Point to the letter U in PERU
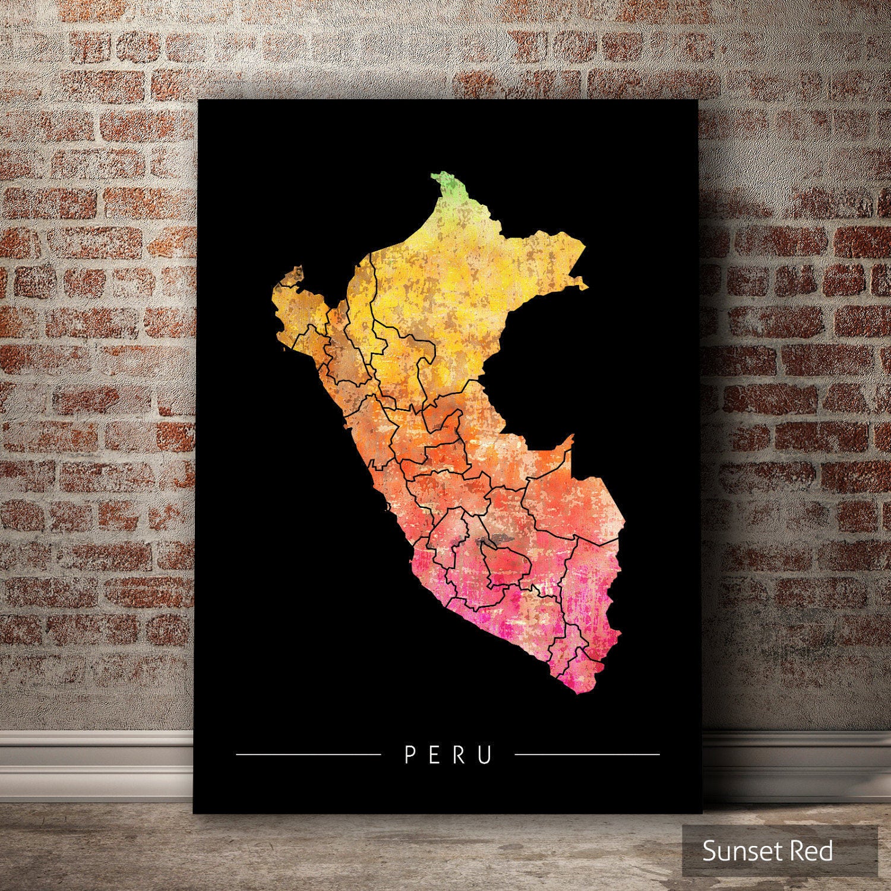coord(486,754)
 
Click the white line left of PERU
coord(308,754)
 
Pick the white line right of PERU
coord(587,754)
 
